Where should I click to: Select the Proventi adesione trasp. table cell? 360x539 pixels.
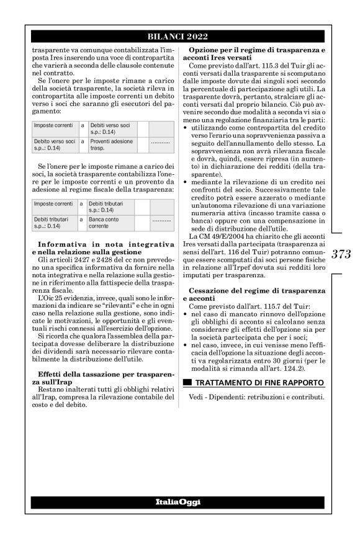click(110, 145)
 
